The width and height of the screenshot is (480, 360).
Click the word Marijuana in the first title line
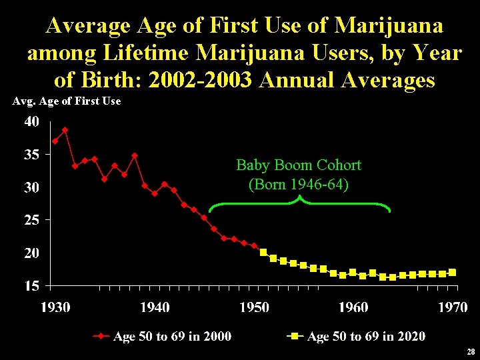(389, 25)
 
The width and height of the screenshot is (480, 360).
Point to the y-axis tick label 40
(32, 122)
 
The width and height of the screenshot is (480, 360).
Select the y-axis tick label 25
(32, 219)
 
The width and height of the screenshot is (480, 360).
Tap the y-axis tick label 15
(32, 285)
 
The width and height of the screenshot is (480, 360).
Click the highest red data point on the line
(65, 130)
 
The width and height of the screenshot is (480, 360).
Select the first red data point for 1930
(55, 141)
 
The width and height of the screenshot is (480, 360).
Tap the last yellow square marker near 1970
(453, 272)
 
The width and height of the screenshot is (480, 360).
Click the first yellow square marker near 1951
(263, 252)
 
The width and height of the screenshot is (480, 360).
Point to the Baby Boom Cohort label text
(299, 165)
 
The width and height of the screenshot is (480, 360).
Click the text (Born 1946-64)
(299, 184)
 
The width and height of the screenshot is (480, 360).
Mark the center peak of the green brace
(299, 198)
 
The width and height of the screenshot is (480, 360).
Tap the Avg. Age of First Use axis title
(67, 101)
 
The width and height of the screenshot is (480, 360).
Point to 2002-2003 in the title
(201, 80)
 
